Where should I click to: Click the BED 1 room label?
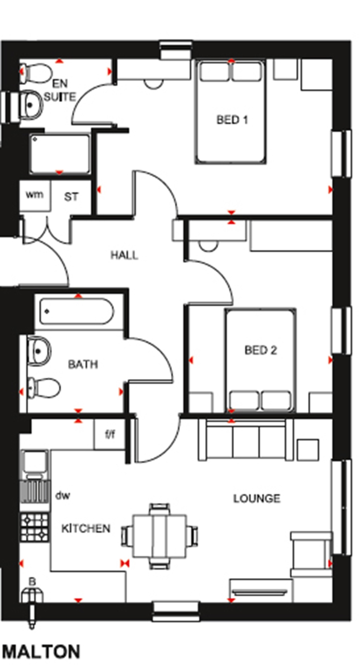coord(232,120)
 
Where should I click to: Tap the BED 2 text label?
coord(261,350)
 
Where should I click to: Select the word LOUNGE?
coord(257,498)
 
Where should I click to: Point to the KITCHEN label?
coord(86,528)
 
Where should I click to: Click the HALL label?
coord(124,255)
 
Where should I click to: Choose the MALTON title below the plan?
coord(41,652)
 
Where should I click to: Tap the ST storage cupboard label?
coord(71,197)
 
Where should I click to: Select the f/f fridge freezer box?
coord(110,435)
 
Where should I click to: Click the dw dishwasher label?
coord(63,496)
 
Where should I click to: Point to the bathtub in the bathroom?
coord(77,311)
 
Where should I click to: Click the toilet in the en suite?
coord(35,73)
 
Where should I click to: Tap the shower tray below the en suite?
coord(59,154)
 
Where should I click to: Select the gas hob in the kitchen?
coord(34,527)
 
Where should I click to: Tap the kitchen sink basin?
coord(35,461)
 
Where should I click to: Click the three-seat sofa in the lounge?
coord(245,441)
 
